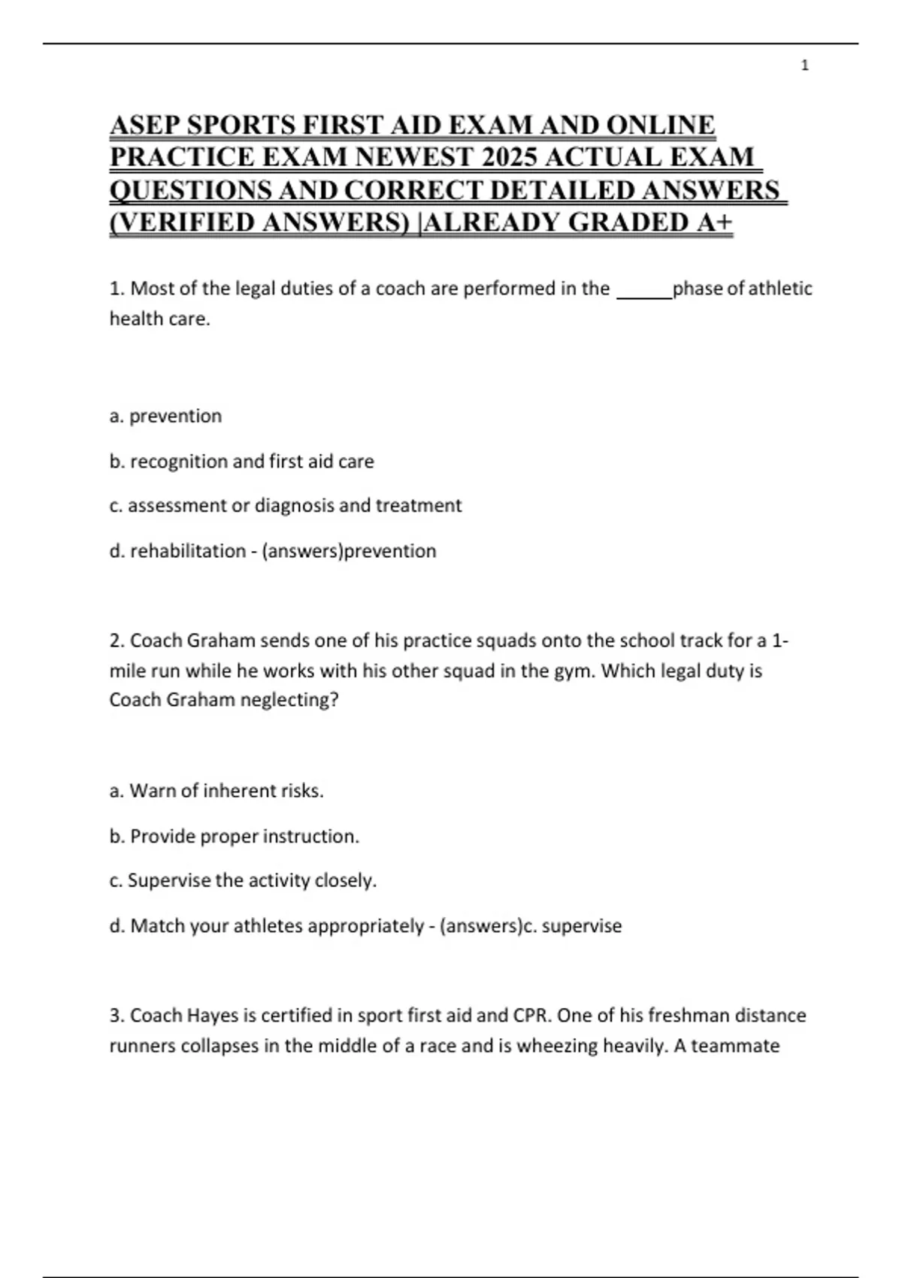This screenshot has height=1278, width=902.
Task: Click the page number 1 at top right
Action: [x=805, y=65]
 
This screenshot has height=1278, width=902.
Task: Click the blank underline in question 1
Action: [x=643, y=290]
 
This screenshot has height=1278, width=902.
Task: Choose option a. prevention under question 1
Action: [x=165, y=416]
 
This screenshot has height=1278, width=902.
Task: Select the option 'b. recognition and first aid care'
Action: [x=241, y=461]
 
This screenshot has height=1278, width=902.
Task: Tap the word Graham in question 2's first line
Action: [x=221, y=641]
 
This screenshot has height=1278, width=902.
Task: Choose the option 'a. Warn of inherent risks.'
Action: [x=216, y=791]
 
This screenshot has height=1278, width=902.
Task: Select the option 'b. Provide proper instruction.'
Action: [x=234, y=836]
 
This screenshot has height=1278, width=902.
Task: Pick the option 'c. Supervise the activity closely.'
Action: [x=243, y=880]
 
